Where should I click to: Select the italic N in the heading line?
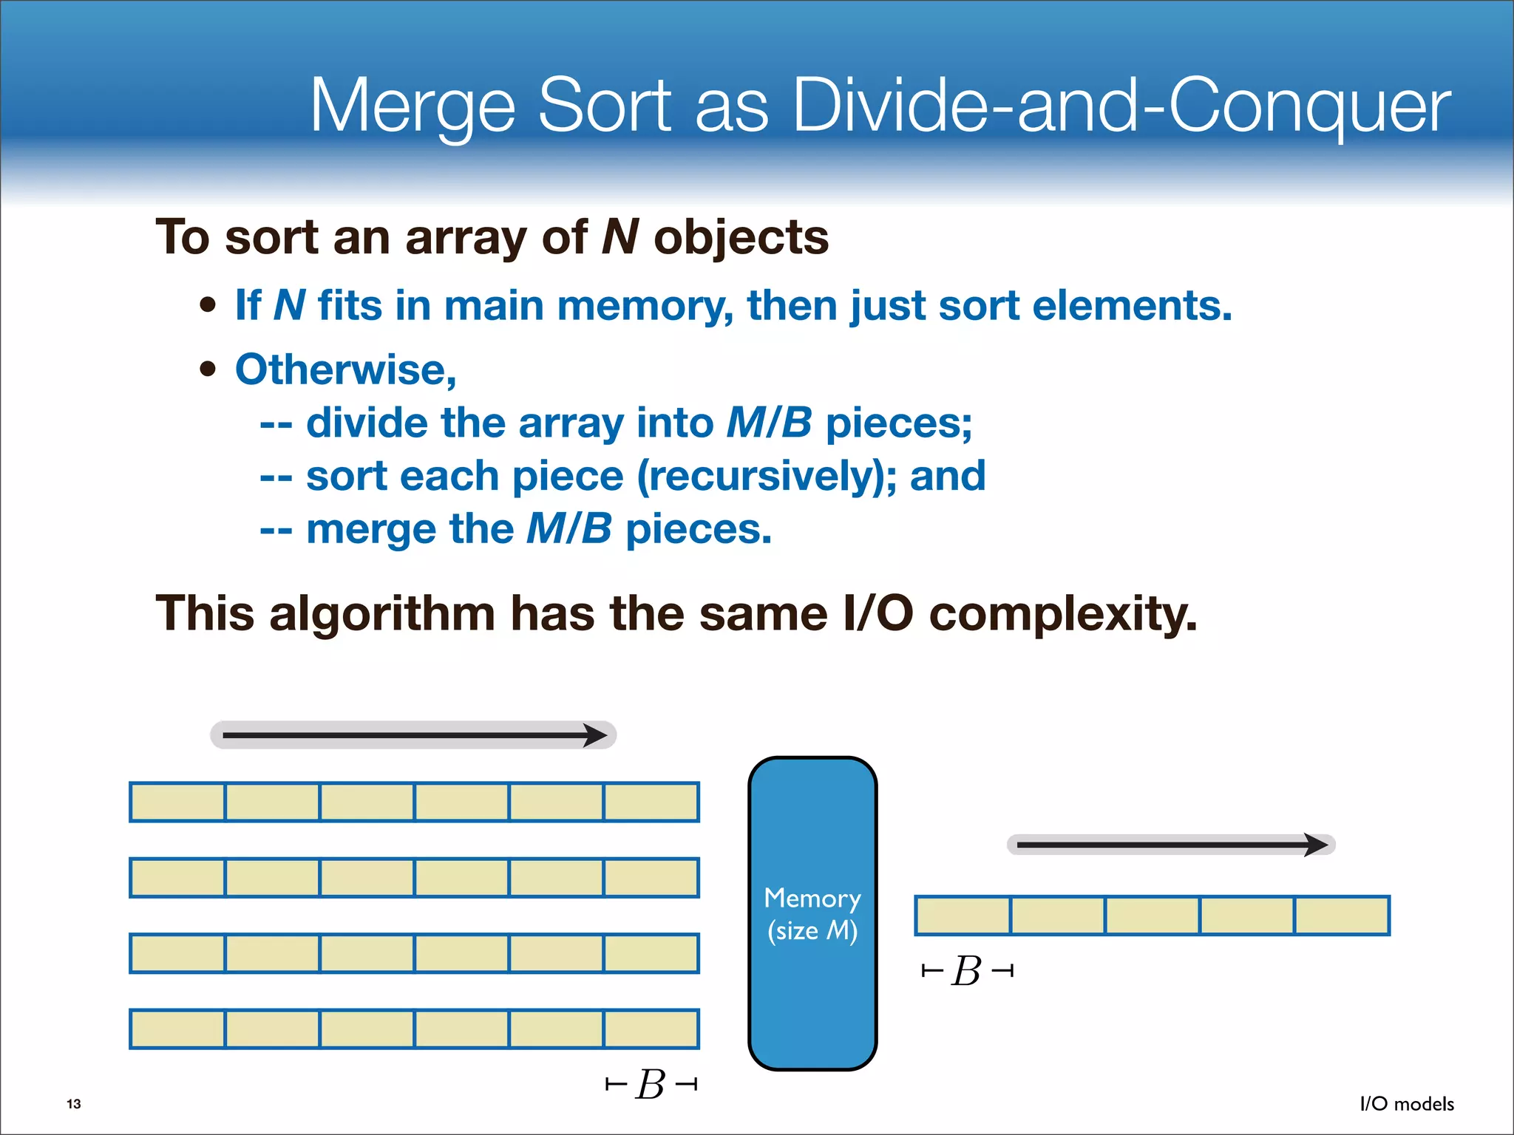pyautogui.click(x=619, y=237)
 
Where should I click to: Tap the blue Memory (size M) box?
pyautogui.click(x=812, y=913)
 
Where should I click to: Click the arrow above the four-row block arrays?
pyautogui.click(x=413, y=735)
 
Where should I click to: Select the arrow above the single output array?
pyautogui.click(x=1171, y=845)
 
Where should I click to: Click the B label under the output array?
pyautogui.click(x=967, y=971)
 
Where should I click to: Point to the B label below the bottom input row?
pyautogui.click(x=651, y=1085)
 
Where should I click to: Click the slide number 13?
pyautogui.click(x=74, y=1104)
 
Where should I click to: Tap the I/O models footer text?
pyautogui.click(x=1407, y=1104)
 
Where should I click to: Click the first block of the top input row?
pyautogui.click(x=177, y=802)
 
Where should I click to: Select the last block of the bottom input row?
pyautogui.click(x=651, y=1029)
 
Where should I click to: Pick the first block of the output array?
pyautogui.click(x=963, y=916)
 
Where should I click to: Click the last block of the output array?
pyautogui.click(x=1342, y=916)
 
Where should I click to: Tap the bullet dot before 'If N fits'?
pyautogui.click(x=208, y=305)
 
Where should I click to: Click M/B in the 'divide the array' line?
pyautogui.click(x=769, y=423)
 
